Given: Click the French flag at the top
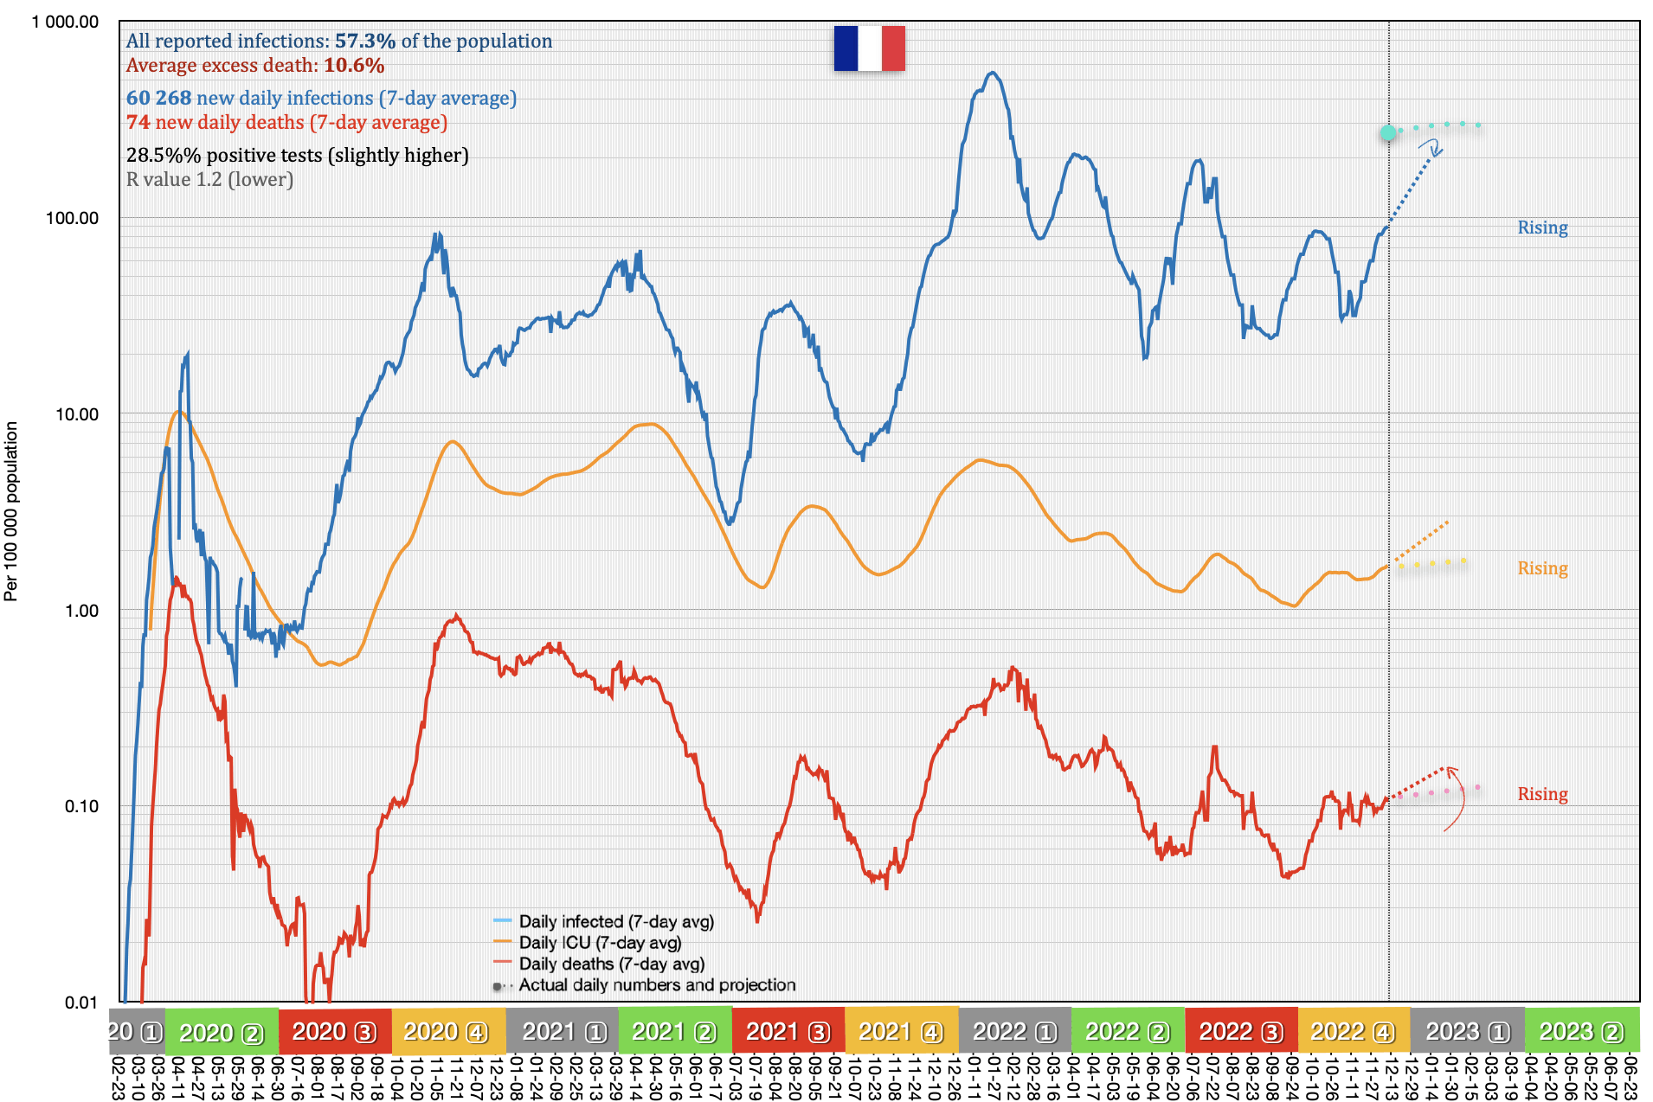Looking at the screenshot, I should pos(869,48).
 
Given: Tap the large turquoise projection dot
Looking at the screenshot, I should pos(1388,132).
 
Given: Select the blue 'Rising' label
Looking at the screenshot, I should pos(1542,227).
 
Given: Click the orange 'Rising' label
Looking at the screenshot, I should pos(1542,568).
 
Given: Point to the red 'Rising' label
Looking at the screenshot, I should pos(1542,794).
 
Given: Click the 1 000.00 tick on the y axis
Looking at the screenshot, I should pos(65,22).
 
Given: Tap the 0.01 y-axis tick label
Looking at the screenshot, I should pos(81,1003).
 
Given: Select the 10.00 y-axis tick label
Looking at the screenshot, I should pos(77,414).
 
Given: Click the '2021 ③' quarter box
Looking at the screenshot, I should pos(788,1032).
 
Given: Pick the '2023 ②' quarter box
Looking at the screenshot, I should pos(1581,1032).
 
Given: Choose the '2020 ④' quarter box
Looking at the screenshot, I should pos(446,1032).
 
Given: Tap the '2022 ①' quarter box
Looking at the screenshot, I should pos(1014,1032).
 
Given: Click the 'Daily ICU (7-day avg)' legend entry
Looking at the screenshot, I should pos(600,943).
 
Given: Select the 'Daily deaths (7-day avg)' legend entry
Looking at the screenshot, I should pos(611,964).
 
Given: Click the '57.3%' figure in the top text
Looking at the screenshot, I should pos(365,41).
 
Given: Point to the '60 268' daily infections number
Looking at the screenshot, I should pos(158,98).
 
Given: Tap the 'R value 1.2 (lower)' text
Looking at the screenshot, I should pos(209,179).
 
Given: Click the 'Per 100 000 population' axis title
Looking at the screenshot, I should pos(11,510).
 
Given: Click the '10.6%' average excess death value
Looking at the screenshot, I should pos(354,65).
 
